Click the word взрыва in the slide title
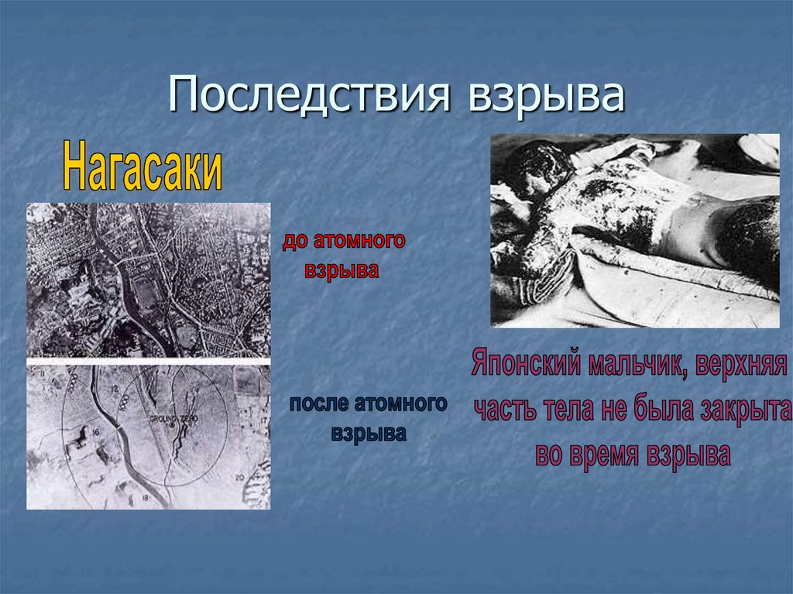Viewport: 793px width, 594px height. pyautogui.click(x=545, y=98)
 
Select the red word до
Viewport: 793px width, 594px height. pyautogui.click(x=295, y=242)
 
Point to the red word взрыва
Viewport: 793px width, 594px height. pyautogui.click(x=342, y=272)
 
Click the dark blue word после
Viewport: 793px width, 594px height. pyautogui.click(x=320, y=403)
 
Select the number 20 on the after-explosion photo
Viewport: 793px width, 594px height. pyautogui.click(x=239, y=476)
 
